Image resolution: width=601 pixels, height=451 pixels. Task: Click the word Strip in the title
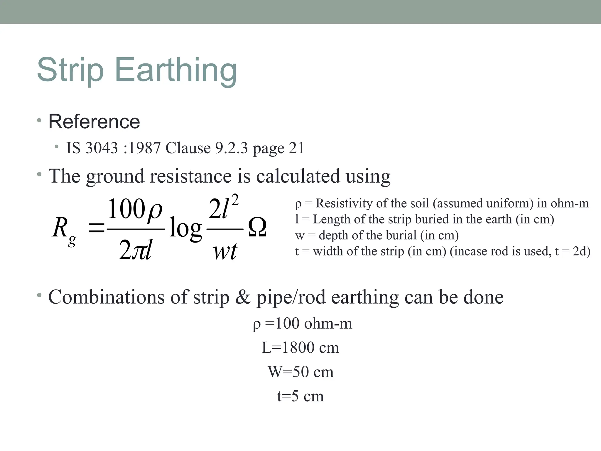pyautogui.click(x=70, y=70)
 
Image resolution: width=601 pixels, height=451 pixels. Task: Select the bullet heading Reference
pyautogui.click(x=94, y=122)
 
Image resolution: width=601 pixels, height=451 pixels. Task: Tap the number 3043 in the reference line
pyautogui.click(x=101, y=148)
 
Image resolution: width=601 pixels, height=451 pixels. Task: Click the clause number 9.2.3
pyautogui.click(x=232, y=148)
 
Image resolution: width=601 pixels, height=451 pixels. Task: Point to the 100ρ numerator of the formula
pyautogui.click(x=135, y=209)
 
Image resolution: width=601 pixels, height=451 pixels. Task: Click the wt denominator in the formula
pyautogui.click(x=225, y=251)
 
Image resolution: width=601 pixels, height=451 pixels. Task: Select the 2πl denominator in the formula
pyautogui.click(x=135, y=250)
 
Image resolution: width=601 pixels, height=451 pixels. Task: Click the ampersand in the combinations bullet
pyautogui.click(x=242, y=297)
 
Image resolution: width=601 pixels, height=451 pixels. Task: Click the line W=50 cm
pyautogui.click(x=300, y=372)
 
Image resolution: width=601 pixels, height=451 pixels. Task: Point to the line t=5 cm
pyautogui.click(x=300, y=396)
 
